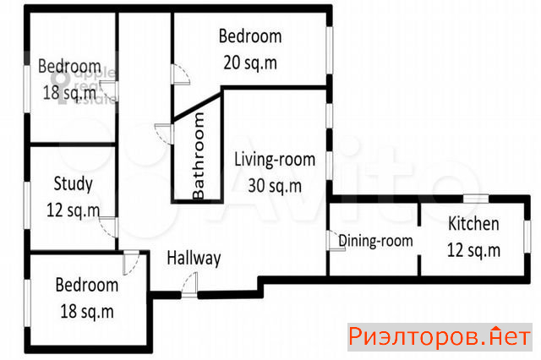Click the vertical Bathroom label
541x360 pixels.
199,155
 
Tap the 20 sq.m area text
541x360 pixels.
250,63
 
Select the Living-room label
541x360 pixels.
275,160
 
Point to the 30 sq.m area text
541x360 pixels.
275,186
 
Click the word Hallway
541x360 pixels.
194,259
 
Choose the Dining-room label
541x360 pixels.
375,240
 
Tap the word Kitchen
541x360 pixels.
473,223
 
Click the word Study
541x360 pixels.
74,183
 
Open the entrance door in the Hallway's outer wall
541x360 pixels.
189,286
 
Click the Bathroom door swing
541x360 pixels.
164,134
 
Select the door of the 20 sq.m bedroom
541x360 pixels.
180,74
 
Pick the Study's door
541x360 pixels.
108,226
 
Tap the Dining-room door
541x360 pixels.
336,240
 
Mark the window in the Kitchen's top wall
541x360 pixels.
475,199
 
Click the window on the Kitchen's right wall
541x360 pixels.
527,237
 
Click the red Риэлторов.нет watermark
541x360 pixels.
440,337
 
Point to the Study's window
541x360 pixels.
27,205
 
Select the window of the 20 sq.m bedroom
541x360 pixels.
330,50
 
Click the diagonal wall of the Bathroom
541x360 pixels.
197,106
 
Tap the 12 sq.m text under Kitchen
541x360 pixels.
473,249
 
